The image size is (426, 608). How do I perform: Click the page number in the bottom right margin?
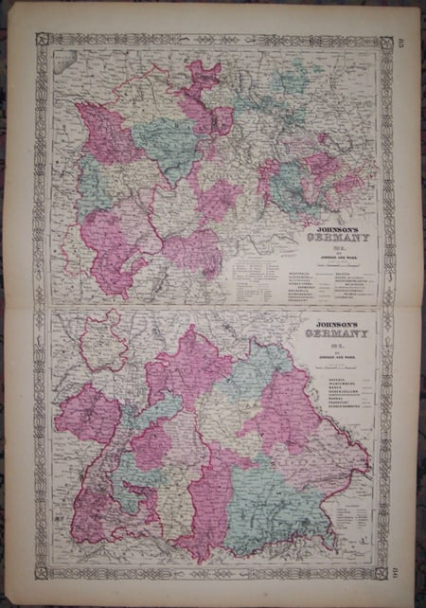pyautogui.click(x=399, y=569)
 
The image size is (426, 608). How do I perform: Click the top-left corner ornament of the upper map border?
pyautogui.click(x=42, y=40)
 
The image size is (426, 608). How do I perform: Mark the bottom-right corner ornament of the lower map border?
pyautogui.click(x=384, y=571)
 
